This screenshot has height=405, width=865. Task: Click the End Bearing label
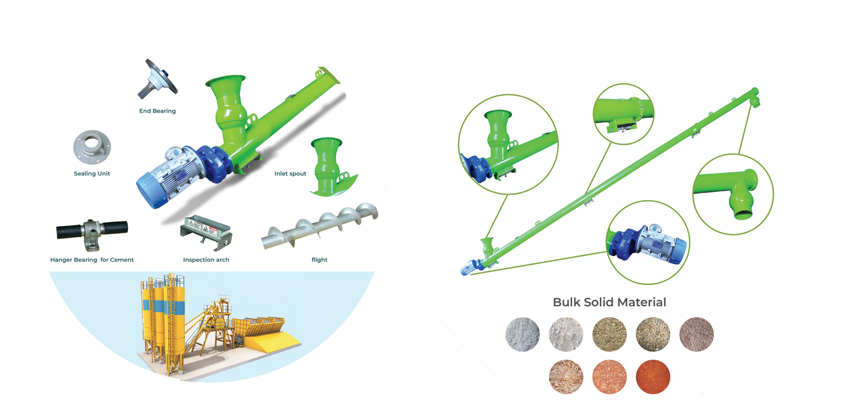157,111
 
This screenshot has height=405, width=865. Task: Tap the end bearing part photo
158,79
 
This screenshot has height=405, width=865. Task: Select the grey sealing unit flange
92,147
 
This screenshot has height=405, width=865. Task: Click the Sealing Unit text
92,174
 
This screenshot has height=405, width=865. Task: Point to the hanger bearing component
92,232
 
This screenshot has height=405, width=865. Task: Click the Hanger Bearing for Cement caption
92,260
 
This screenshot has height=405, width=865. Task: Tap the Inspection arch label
206,260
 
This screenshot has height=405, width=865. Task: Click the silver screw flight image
320,226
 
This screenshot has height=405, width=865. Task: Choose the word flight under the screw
319,260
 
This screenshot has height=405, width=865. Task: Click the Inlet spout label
290,174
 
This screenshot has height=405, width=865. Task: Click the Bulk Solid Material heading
609,302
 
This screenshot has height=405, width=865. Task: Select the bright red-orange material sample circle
653,377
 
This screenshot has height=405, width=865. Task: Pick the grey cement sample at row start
523,335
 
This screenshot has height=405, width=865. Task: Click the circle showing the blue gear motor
648,243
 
